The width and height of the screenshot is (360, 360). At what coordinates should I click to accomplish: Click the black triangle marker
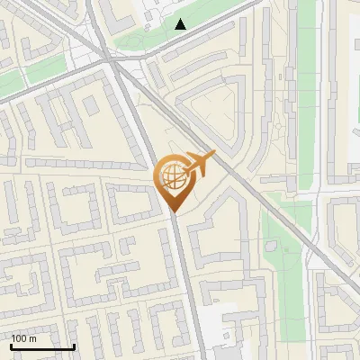(x=181, y=24)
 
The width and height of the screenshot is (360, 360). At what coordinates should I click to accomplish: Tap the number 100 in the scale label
(x=19, y=338)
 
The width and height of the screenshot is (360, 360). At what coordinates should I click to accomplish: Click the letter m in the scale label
(x=33, y=338)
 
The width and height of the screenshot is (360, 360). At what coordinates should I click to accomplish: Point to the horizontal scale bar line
(x=42, y=347)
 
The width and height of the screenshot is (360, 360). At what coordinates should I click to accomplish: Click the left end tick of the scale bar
(x=11, y=346)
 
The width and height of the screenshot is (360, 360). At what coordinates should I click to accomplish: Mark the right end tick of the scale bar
(x=74, y=346)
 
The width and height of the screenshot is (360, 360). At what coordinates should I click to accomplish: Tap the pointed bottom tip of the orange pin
(x=174, y=211)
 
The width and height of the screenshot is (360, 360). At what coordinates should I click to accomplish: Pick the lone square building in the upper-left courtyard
(x=91, y=104)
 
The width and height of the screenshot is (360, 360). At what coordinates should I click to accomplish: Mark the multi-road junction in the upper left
(x=108, y=56)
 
